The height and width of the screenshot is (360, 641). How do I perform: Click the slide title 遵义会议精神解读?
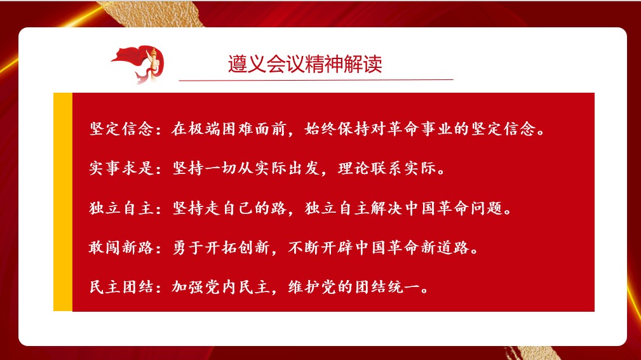[x=305, y=64]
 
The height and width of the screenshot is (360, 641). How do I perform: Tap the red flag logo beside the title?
[x=138, y=65]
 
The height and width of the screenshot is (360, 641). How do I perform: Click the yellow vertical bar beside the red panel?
[x=63, y=202]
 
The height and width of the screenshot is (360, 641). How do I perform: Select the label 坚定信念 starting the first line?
[x=122, y=129]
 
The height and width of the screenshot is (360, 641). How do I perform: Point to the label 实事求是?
[x=122, y=168]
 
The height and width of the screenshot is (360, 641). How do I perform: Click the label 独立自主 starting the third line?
[x=122, y=208]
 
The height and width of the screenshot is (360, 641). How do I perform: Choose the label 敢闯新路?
[x=122, y=247]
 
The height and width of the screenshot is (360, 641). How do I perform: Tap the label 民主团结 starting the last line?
[x=122, y=287]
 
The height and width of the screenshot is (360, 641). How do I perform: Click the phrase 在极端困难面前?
[x=229, y=129]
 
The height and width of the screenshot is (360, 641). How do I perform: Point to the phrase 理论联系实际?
[x=387, y=168]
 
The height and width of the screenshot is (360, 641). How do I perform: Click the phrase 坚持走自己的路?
[x=229, y=208]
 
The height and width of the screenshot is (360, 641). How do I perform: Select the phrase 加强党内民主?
[x=220, y=287]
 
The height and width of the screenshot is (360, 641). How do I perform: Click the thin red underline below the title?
[x=316, y=80]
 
